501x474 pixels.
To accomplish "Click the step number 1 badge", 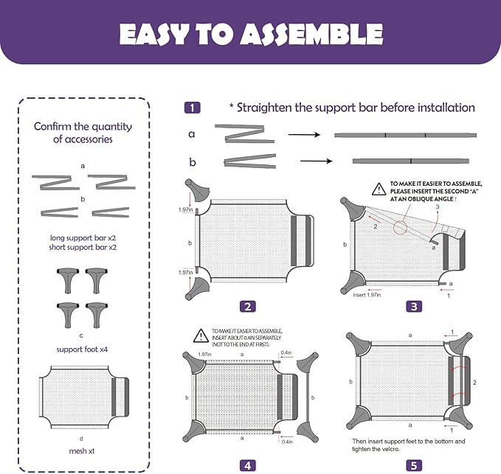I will click(192, 108).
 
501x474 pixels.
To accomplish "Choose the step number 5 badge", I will click(413, 464).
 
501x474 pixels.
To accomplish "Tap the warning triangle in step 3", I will click(378, 189).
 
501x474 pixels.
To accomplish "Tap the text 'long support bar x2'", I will click(83, 239).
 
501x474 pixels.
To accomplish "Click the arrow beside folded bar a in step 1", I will click(298, 135).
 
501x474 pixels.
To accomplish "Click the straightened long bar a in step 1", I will click(405, 136).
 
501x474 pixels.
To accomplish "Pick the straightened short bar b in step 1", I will click(410, 160).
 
